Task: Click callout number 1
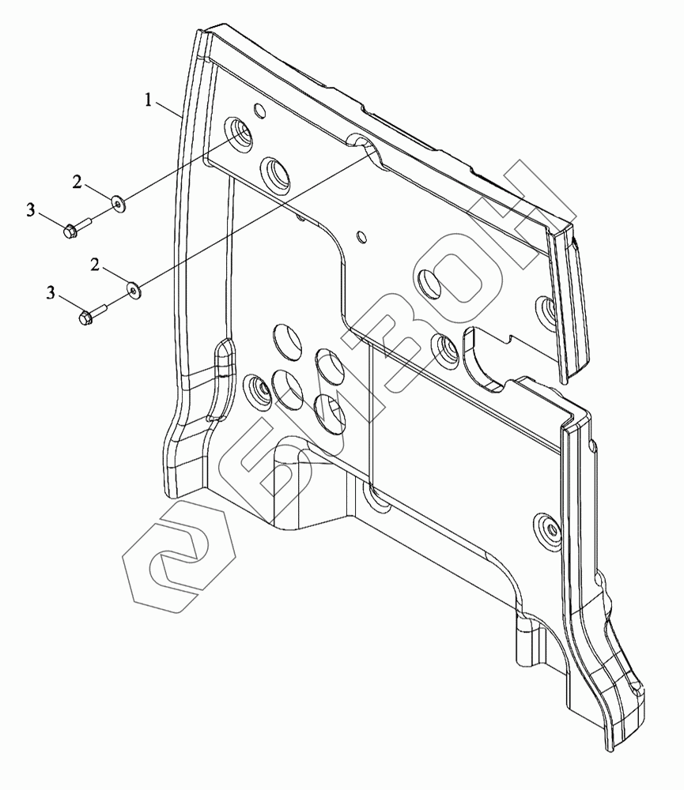click(148, 99)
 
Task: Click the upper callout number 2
click(77, 182)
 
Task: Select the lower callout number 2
click(95, 265)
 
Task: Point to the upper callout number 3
click(31, 209)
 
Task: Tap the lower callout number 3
click(51, 294)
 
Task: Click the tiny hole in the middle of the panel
click(362, 235)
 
